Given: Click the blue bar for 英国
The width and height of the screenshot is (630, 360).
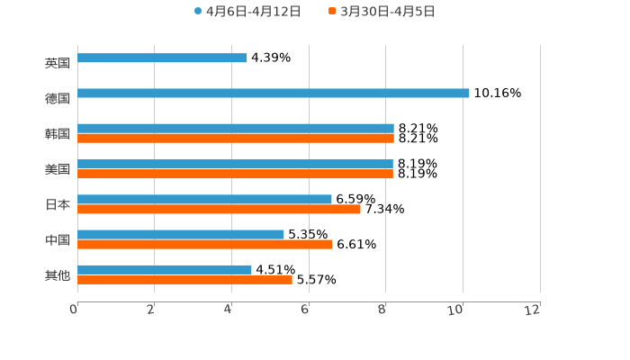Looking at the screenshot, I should (x=162, y=58).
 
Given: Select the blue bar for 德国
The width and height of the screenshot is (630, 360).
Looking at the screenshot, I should (x=274, y=93).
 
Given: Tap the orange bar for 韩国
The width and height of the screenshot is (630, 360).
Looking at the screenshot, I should (x=236, y=139).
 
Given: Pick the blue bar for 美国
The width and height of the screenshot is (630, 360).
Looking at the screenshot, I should (x=235, y=164).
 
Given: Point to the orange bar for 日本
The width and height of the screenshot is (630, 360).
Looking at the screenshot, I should (x=219, y=209).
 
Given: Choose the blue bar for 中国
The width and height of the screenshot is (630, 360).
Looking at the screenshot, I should (x=181, y=234).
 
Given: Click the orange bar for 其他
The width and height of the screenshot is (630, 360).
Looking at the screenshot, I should (x=184, y=279).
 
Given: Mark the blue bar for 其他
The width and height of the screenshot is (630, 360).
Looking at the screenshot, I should (x=165, y=269).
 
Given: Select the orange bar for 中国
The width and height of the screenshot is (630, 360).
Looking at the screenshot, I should (x=205, y=244).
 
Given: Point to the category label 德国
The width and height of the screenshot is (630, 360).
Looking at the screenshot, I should (x=58, y=98).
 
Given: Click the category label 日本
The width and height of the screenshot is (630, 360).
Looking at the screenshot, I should (x=58, y=204).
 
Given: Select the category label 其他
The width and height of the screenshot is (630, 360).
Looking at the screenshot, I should (x=58, y=274).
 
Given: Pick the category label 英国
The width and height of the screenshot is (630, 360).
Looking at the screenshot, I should (x=58, y=63).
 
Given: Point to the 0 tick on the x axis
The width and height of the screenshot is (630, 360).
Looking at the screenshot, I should (x=74, y=310).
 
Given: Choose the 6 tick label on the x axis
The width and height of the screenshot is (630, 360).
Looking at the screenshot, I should (x=305, y=310).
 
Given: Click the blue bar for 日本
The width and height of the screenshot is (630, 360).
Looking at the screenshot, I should (x=204, y=199).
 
